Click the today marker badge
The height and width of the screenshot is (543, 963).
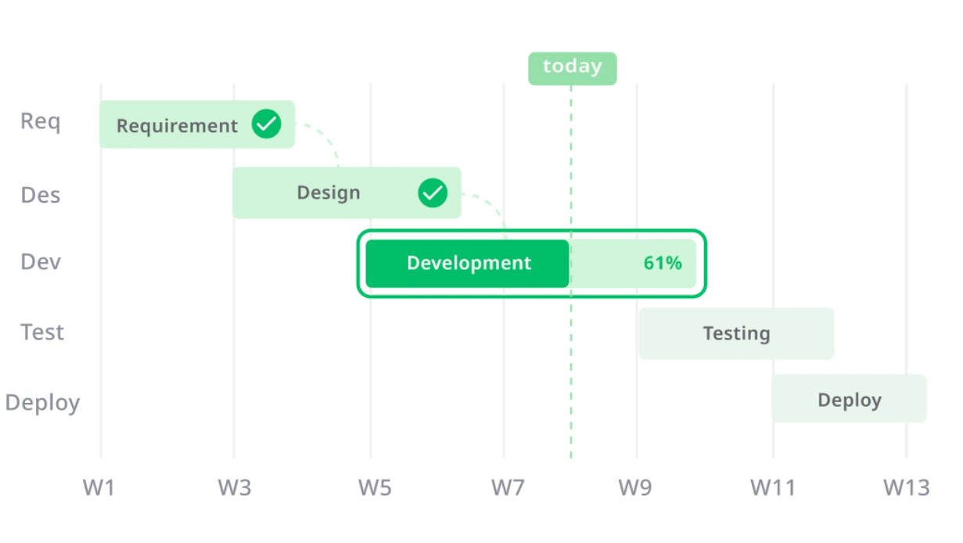pyautogui.click(x=572, y=68)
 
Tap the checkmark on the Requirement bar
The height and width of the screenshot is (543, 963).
pyautogui.click(x=267, y=124)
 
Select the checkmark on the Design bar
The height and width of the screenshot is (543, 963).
pyautogui.click(x=433, y=193)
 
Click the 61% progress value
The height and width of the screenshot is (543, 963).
pyautogui.click(x=663, y=263)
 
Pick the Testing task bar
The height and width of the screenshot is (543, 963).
pyautogui.click(x=736, y=333)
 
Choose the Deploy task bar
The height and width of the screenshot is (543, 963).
pyautogui.click(x=849, y=398)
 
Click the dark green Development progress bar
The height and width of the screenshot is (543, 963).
pyautogui.click(x=467, y=264)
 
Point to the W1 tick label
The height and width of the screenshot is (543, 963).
pyautogui.click(x=99, y=488)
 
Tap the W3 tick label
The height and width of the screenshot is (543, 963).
pyautogui.click(x=235, y=488)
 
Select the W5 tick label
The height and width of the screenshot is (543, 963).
pyautogui.click(x=375, y=488)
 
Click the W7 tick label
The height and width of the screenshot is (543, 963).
pyautogui.click(x=508, y=488)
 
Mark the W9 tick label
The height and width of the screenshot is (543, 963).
pyautogui.click(x=635, y=488)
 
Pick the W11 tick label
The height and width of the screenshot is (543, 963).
pyautogui.click(x=773, y=488)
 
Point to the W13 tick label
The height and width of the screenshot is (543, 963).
pyautogui.click(x=907, y=488)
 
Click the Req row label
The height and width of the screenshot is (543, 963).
pyautogui.click(x=41, y=122)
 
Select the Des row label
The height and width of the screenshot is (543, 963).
pyautogui.click(x=41, y=195)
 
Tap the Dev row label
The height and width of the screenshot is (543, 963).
pyautogui.click(x=41, y=261)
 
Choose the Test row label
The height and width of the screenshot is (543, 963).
pyautogui.click(x=42, y=332)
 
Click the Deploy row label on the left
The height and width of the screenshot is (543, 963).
pyautogui.click(x=42, y=403)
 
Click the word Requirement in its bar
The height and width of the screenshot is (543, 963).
pyautogui.click(x=177, y=126)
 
